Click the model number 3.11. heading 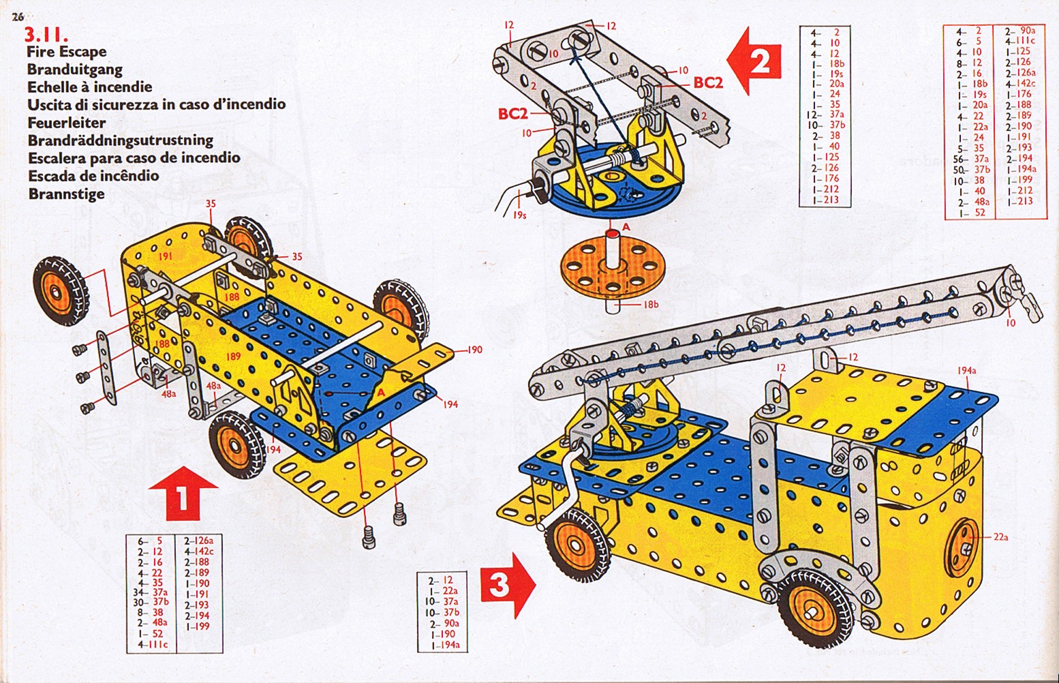(x=47, y=35)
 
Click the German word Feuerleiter (x=67, y=123)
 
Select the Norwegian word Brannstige (x=66, y=194)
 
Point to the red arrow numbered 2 (x=754, y=61)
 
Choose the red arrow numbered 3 (x=508, y=586)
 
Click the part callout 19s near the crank (x=519, y=215)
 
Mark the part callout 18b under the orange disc (x=651, y=305)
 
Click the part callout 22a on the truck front (x=1000, y=537)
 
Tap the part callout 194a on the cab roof (x=967, y=371)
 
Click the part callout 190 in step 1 (x=475, y=350)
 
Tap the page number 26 (x=18, y=18)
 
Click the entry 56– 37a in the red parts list (x=972, y=158)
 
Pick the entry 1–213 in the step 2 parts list (x=825, y=200)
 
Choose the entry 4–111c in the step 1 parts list (x=153, y=643)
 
